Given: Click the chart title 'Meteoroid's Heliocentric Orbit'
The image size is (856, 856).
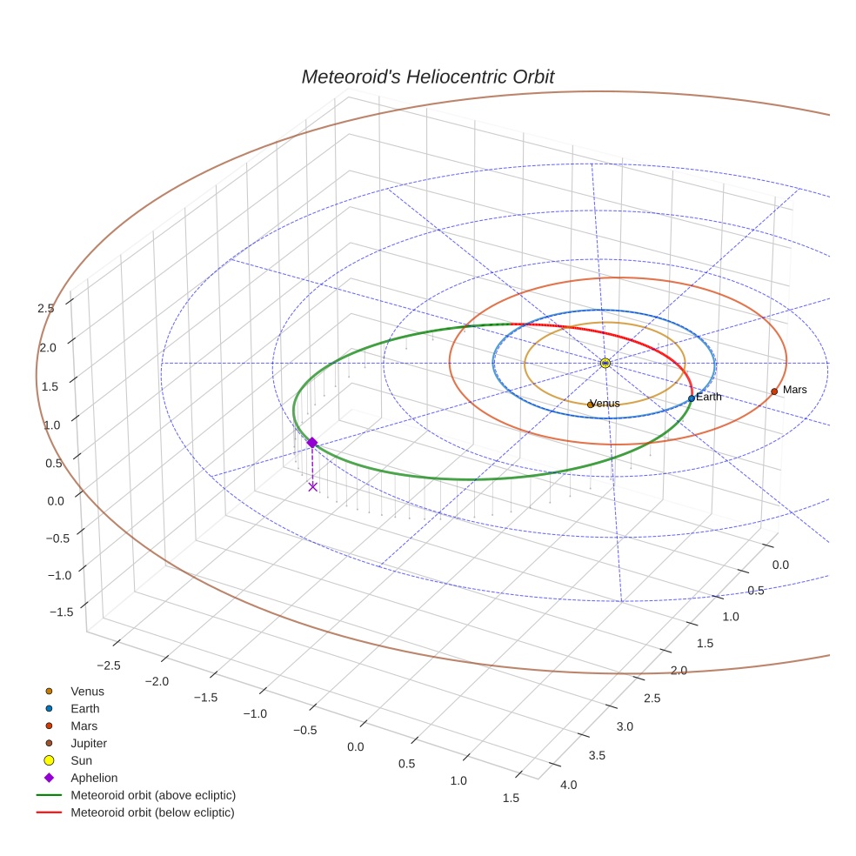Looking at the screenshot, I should [x=427, y=77].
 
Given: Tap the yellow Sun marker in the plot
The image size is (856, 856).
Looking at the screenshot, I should [x=605, y=363].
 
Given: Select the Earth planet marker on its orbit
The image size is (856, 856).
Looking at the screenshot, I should [x=691, y=398].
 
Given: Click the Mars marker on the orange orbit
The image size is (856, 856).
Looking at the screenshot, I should [x=773, y=391].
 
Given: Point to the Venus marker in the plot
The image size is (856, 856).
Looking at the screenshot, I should [x=590, y=405].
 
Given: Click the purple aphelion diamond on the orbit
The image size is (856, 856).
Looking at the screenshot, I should [x=311, y=443].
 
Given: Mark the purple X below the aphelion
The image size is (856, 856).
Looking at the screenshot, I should [x=312, y=486].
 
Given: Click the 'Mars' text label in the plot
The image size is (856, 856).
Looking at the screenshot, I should [x=794, y=390].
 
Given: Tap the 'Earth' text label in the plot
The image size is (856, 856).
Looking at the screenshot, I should [x=709, y=397].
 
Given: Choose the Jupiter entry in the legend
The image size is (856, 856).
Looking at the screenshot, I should [x=88, y=743].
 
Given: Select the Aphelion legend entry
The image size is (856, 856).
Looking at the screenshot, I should [x=93, y=778].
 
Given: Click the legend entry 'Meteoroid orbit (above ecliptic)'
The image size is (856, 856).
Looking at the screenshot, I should [x=153, y=795].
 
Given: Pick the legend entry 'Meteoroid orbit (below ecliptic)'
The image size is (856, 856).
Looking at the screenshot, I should [x=152, y=813].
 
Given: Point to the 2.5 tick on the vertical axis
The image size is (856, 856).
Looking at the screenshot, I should [x=45, y=307].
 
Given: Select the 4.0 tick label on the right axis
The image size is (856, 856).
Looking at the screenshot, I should [x=568, y=785].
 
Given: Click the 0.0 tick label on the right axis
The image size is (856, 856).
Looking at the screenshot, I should [x=780, y=565].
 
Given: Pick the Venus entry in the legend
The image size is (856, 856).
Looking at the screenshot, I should [x=87, y=691].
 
